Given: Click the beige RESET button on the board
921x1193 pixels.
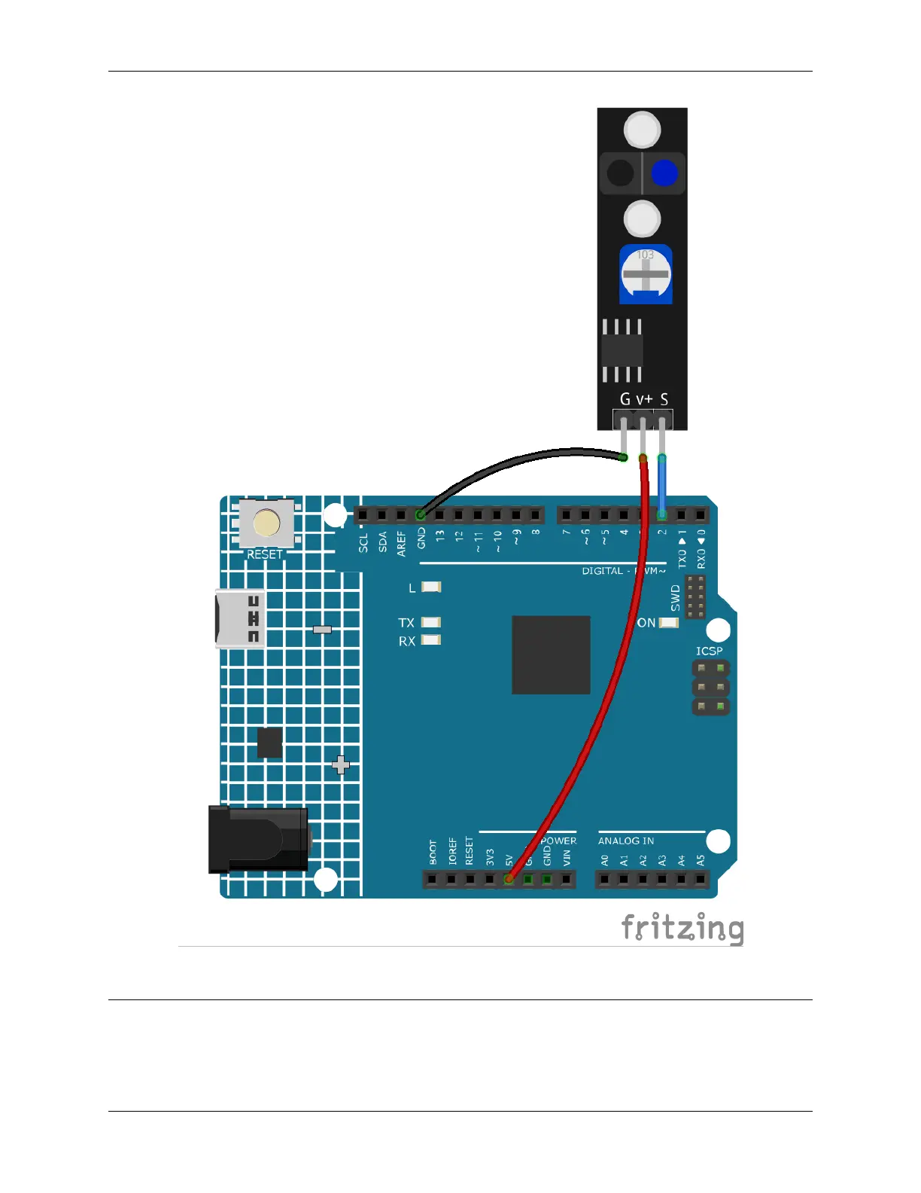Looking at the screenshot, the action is [266, 523].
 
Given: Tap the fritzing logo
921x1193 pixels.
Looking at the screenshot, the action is [682, 929].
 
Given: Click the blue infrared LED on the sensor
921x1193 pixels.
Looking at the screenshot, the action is [664, 173].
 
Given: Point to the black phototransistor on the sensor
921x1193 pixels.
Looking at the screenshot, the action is [621, 173].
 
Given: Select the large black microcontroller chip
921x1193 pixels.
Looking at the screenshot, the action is [551, 654].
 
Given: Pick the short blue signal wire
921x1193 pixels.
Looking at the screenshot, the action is [661, 486].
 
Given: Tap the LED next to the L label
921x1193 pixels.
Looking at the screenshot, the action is [431, 587].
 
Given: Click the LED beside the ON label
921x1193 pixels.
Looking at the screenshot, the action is [668, 623].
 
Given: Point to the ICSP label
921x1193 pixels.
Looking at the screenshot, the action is [709, 651].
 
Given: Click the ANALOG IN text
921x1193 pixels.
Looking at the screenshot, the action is [625, 841].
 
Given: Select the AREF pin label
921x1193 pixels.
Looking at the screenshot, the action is [401, 543].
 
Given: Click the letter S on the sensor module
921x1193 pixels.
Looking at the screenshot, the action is [664, 399].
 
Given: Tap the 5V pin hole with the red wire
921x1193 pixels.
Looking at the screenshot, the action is [509, 879].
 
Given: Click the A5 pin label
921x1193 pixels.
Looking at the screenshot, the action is [700, 859].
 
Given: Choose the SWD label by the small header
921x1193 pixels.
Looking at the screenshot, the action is [675, 597].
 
